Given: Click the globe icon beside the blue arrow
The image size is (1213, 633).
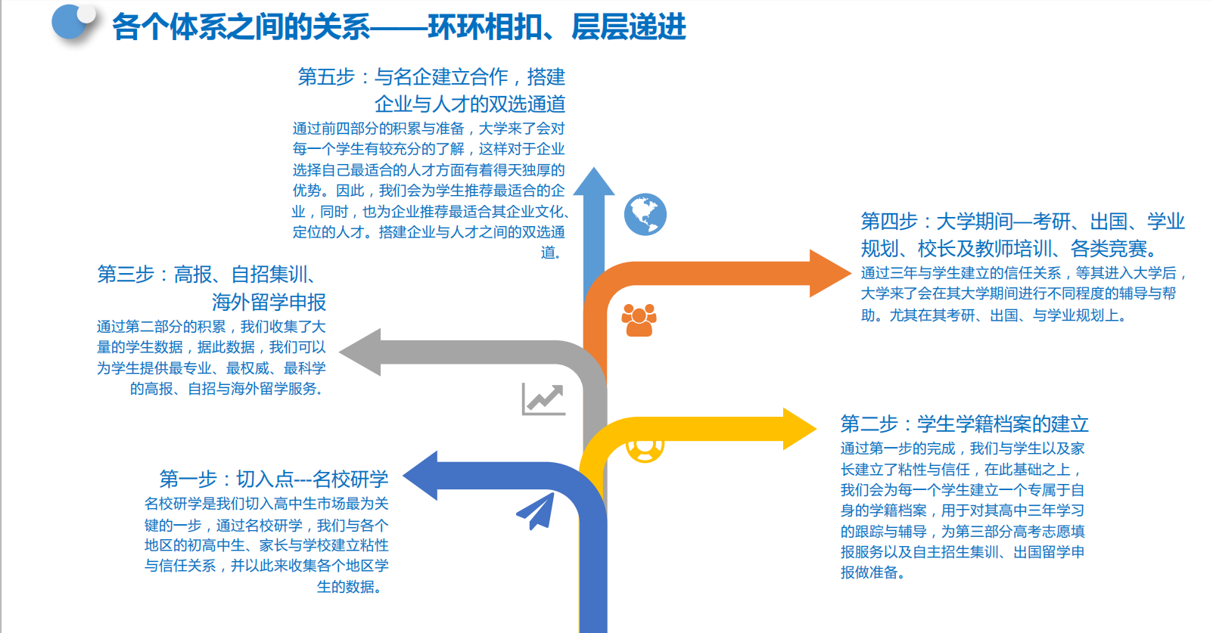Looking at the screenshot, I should click(645, 215).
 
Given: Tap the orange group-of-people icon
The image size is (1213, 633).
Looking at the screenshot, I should click(639, 320).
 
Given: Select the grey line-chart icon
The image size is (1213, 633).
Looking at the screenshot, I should click(543, 399).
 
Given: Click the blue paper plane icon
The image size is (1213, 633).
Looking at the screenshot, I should click(537, 510).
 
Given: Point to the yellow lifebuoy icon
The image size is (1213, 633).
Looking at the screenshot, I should click(645, 448).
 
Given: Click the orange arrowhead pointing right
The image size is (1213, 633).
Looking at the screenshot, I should click(829, 273).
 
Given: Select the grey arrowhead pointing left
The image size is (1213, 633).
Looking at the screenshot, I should click(361, 352).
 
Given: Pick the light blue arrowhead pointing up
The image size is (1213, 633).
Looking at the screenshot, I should click(594, 183).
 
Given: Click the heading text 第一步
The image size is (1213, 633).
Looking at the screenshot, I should click(188, 479).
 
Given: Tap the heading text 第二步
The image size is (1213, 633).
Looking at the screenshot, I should click(869, 424).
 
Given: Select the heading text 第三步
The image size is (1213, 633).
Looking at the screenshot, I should click(126, 274).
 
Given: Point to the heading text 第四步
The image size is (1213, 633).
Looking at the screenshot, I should click(889, 222).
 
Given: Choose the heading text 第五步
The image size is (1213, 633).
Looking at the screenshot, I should click(326, 77).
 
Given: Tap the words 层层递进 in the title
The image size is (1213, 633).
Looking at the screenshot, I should click(629, 27).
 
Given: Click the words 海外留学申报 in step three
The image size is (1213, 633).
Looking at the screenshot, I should click(269, 303).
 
